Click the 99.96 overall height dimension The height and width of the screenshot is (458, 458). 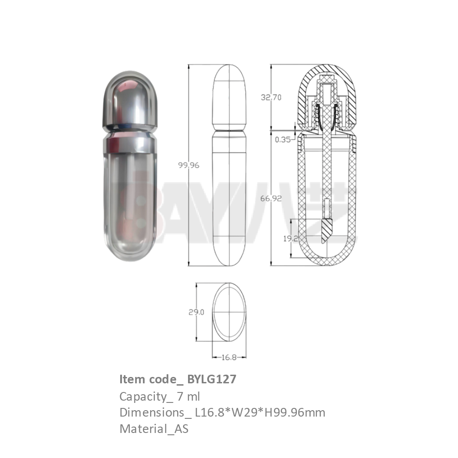(x=188, y=165)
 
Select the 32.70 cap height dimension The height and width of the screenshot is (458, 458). (x=271, y=97)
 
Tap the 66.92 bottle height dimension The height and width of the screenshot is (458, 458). (x=271, y=198)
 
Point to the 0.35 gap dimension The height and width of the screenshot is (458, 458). (x=283, y=140)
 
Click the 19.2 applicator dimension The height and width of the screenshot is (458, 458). (x=290, y=239)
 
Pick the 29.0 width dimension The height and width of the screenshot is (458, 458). (x=196, y=312)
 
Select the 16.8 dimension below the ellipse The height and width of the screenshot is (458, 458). (x=229, y=357)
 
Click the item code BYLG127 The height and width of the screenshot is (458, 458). (x=212, y=379)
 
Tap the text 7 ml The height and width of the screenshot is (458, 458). (x=188, y=397)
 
